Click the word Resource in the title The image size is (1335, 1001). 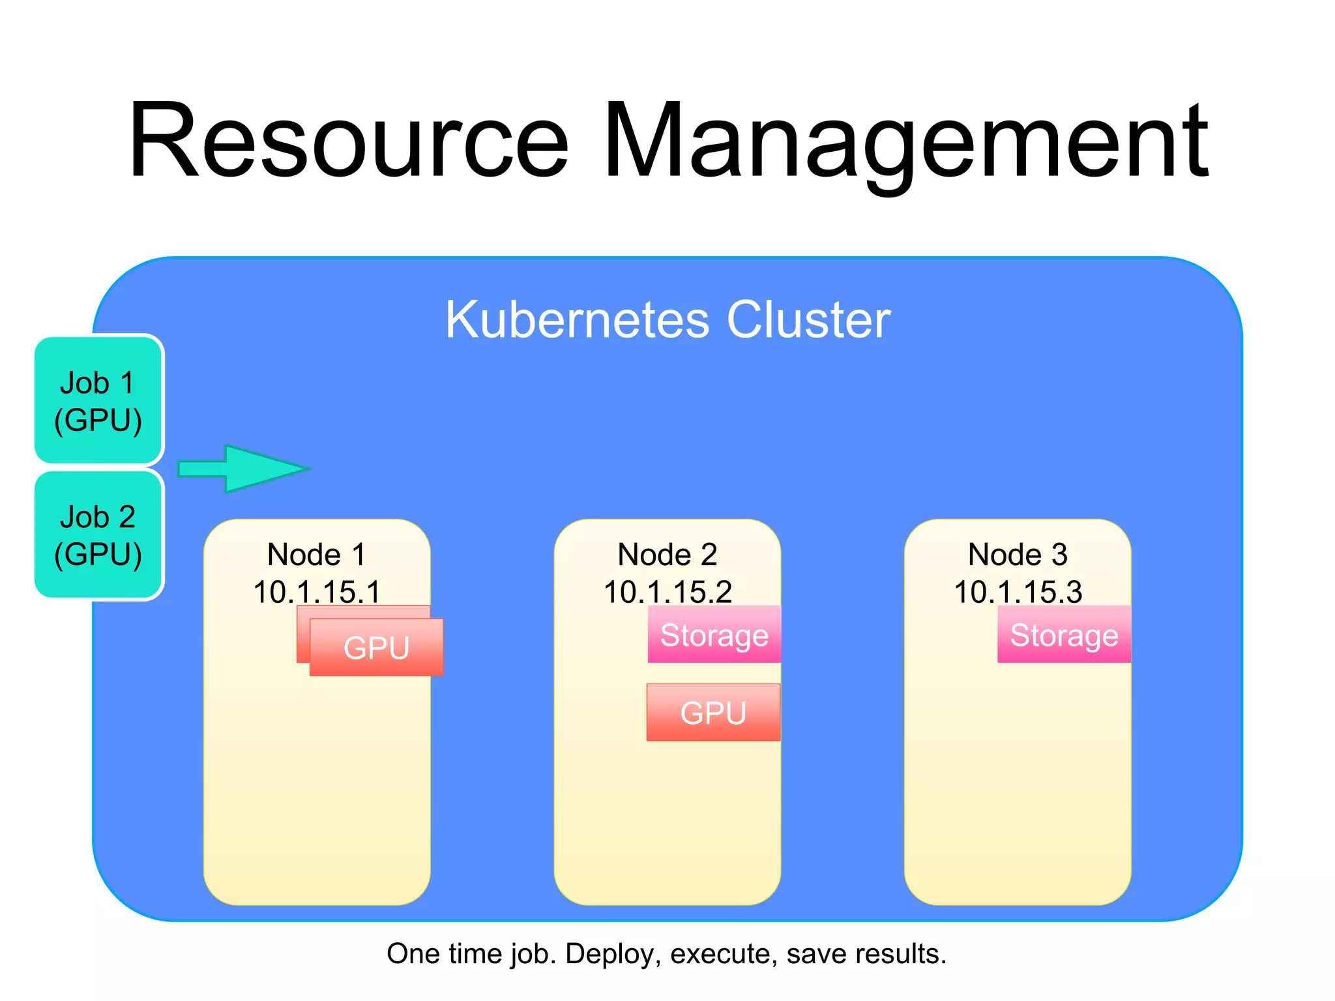(x=349, y=140)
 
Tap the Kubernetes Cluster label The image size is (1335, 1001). (x=667, y=319)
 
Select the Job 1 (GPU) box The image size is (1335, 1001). (x=98, y=400)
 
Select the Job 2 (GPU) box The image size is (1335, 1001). (x=98, y=534)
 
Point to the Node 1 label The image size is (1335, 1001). (x=317, y=555)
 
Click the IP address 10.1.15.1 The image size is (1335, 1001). (x=317, y=592)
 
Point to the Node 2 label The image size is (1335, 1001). (x=667, y=555)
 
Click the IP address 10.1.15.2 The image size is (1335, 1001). (x=667, y=592)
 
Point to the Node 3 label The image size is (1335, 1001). (x=1018, y=555)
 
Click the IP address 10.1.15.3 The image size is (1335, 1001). (x=1018, y=592)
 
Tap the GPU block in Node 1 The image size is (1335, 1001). (x=377, y=647)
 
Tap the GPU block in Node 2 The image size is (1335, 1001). (x=713, y=712)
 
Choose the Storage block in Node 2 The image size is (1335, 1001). (x=714, y=635)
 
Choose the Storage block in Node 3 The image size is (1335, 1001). (x=1064, y=635)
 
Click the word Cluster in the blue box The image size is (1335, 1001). (x=808, y=319)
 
